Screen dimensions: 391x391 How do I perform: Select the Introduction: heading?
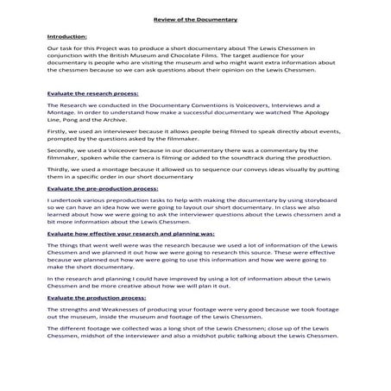[66, 38]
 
